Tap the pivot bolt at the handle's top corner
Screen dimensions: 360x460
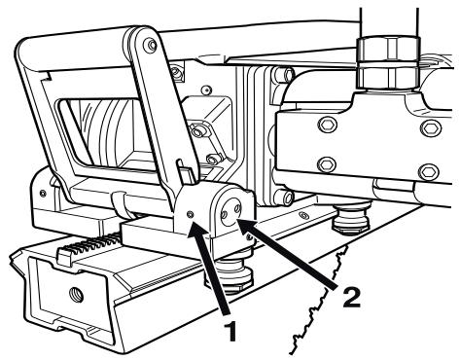147,45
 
